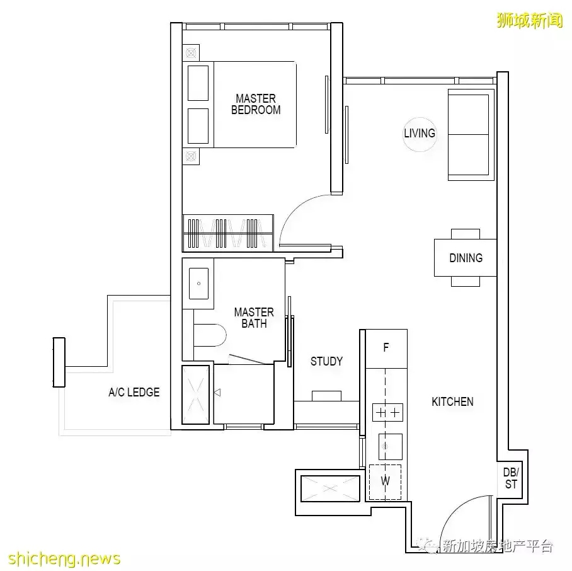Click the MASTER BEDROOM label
[x=256, y=104]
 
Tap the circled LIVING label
[x=420, y=133]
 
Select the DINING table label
[x=466, y=258]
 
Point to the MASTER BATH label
[x=254, y=318]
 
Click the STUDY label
[x=326, y=361]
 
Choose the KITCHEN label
[x=452, y=401]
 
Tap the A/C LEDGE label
[x=134, y=392]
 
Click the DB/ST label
[x=510, y=478]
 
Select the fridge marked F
[x=386, y=348]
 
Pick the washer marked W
[x=386, y=482]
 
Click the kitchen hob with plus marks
[x=387, y=413]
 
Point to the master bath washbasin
[x=198, y=283]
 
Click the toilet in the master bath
[x=211, y=335]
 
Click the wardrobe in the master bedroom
[x=228, y=233]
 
